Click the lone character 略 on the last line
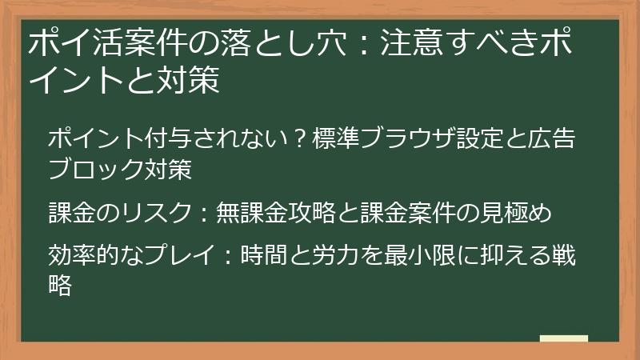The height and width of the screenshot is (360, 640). (61, 285)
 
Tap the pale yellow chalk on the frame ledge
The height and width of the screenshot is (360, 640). (563, 338)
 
